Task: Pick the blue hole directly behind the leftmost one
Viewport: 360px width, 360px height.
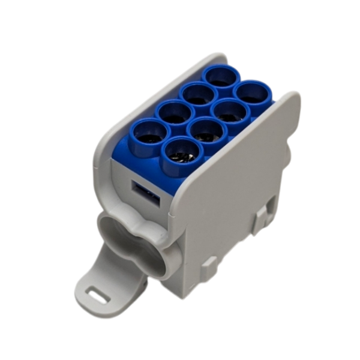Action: (173, 113)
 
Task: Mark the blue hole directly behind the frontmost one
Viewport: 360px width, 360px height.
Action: (202, 131)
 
